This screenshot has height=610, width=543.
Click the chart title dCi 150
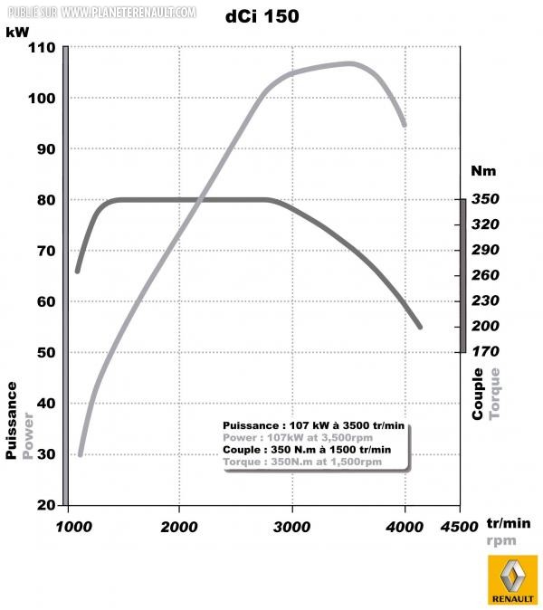pyautogui.click(x=262, y=16)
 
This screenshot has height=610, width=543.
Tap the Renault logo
pyautogui.click(x=512, y=580)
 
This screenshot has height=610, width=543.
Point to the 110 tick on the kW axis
pyautogui.click(x=42, y=48)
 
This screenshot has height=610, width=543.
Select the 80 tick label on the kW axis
pyautogui.click(x=46, y=200)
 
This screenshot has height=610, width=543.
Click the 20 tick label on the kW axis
pyautogui.click(x=46, y=505)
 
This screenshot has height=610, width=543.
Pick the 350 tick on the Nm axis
pyautogui.click(x=485, y=199)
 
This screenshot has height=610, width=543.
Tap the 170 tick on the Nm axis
pyautogui.click(x=485, y=352)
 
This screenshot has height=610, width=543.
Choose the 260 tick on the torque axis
pyautogui.click(x=485, y=275)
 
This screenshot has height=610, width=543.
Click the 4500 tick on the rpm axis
pyautogui.click(x=459, y=527)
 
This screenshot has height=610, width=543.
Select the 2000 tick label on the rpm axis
pyautogui.click(x=179, y=527)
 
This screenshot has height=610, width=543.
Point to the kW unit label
pyautogui.click(x=17, y=32)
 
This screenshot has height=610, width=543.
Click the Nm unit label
pyautogui.click(x=483, y=171)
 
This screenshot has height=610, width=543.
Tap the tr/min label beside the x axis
pyautogui.click(x=509, y=523)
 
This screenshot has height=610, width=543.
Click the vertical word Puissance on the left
pyautogui.click(x=11, y=421)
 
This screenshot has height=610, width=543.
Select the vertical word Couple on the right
pyautogui.click(x=477, y=394)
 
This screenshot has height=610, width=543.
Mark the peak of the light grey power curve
pyautogui.click(x=350, y=63)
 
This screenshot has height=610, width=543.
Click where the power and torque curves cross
pyautogui.click(x=200, y=200)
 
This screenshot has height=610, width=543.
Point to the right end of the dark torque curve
pyautogui.click(x=420, y=328)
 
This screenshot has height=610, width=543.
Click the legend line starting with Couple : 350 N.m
pyautogui.click(x=307, y=450)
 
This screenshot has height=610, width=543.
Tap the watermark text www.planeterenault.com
pyautogui.click(x=129, y=13)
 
